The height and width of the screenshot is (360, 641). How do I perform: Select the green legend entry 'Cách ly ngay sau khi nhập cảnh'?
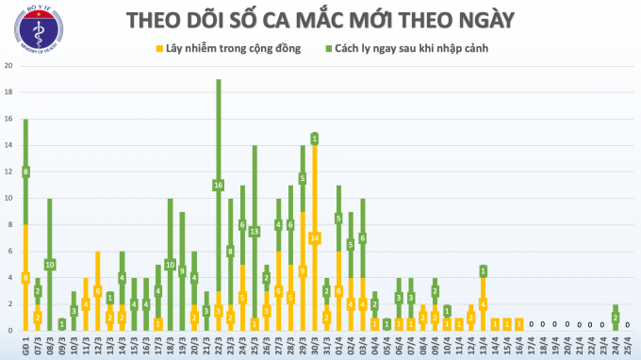410,47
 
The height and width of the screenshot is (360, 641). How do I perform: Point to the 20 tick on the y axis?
8,66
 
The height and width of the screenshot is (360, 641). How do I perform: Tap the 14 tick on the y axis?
8,145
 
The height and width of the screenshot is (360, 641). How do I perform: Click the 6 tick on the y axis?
8,252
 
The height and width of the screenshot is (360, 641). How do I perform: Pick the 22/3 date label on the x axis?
219,346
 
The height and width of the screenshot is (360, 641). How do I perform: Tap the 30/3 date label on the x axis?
315,346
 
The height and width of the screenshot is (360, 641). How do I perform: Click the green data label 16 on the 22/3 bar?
219,185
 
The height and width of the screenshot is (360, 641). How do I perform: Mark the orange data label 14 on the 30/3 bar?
315,237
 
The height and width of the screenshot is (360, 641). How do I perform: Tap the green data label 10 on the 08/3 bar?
50,264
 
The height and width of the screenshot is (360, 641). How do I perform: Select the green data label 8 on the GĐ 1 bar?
25,172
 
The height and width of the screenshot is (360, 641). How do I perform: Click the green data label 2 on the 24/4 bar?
616,317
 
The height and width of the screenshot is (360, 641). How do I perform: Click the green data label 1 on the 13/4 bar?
484,271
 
